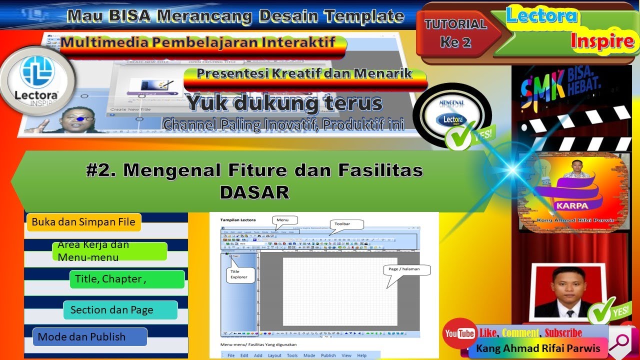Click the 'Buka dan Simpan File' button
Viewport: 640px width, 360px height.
pos(83,222)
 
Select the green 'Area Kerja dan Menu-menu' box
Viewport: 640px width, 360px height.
pos(109,251)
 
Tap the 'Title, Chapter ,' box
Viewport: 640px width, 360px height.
pos(127,279)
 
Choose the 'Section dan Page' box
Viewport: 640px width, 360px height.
pos(120,310)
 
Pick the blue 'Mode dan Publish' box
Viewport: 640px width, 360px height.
pos(90,337)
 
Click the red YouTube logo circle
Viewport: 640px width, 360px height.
pos(459,333)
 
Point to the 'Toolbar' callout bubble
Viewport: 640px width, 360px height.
pos(346,224)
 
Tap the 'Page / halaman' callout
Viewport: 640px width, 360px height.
pos(407,269)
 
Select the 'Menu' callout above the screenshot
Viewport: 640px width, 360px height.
pos(284,220)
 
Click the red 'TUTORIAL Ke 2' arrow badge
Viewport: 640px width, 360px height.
pos(456,33)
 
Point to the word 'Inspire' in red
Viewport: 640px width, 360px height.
pos(602,41)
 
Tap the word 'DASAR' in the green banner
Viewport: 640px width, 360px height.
pos(254,192)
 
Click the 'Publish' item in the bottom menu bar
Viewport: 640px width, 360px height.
pos(328,355)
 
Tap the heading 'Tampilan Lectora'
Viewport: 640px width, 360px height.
pos(238,219)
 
